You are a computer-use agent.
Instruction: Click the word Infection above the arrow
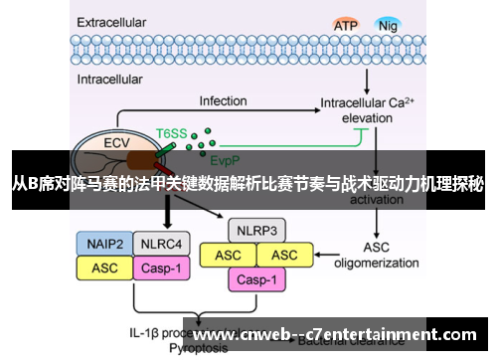point(223,101)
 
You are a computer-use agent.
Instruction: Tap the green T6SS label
point(171,131)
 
